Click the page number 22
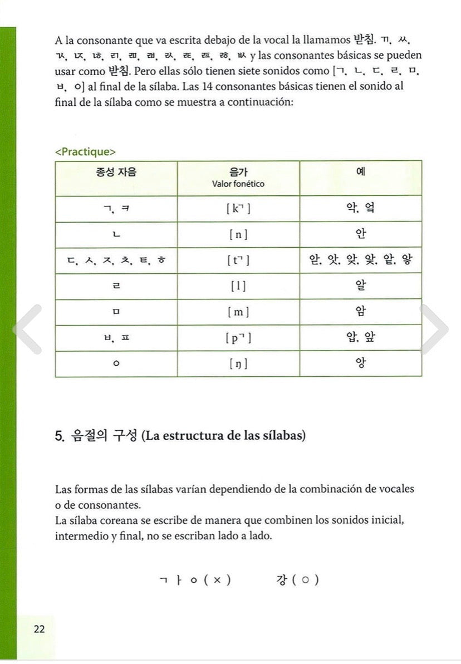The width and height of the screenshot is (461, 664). (39, 629)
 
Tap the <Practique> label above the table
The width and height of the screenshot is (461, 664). (86, 151)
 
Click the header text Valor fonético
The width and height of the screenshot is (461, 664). (238, 184)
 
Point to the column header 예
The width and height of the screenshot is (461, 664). (360, 172)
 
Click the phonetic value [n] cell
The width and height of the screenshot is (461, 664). (238, 234)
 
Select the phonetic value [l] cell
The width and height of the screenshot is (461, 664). (238, 286)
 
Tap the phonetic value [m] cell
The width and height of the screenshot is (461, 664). (238, 312)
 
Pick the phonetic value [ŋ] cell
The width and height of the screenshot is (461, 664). (238, 364)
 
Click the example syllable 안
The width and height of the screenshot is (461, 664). (360, 234)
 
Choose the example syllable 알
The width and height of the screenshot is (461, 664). (360, 286)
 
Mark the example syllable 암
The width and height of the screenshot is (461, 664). (360, 312)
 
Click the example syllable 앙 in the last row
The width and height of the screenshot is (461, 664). (360, 363)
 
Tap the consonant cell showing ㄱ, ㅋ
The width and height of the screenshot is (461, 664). (116, 209)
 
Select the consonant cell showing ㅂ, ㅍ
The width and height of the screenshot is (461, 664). (116, 338)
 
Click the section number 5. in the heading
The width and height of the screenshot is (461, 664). (60, 436)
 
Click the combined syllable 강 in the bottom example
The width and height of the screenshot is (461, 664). (282, 580)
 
